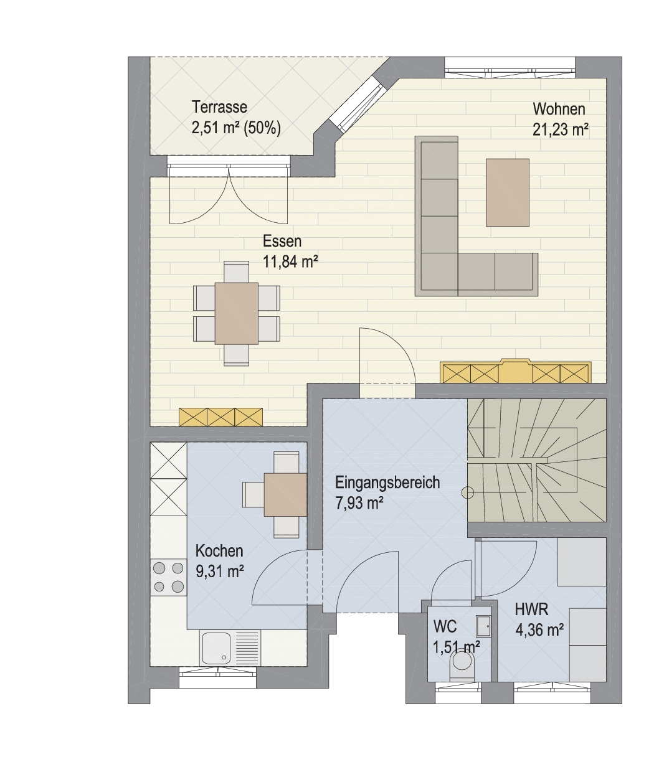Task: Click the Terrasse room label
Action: pos(219,107)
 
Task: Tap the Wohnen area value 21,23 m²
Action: pos(561,130)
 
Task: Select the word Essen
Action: pos(282,242)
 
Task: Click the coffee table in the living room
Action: pos(507,192)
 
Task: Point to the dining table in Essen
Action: pos(237,313)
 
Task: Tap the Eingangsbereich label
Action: pos(387,482)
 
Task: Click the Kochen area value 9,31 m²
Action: pos(220,572)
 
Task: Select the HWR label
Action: pos(531,610)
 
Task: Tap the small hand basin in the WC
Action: pos(483,625)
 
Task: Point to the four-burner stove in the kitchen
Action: pos(168,577)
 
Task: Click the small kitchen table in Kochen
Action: pos(286,495)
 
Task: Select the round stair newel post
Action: pos(468,493)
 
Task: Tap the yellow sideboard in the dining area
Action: pos(220,417)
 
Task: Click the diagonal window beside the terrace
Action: pos(356,103)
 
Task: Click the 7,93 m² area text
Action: pos(359,504)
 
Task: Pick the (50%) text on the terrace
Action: pos(262,128)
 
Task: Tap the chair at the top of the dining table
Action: pos(237,271)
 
